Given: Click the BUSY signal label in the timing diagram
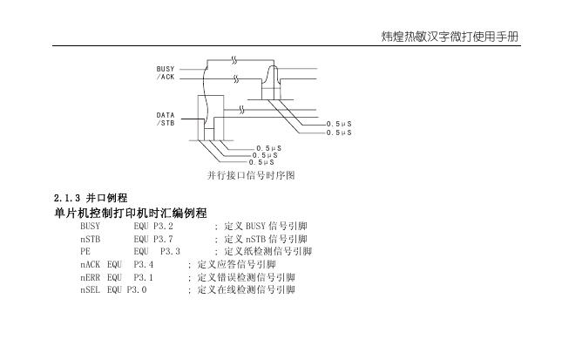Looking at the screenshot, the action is [166, 69].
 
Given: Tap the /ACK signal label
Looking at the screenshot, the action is [166, 77].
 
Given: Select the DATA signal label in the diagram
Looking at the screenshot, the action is [166, 115].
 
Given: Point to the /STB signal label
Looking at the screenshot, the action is [166, 123].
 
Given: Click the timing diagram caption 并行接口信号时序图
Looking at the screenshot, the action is [251, 175].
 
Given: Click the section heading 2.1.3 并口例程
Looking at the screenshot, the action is [91, 198].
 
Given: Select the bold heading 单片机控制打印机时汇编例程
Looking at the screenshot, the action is [131, 213].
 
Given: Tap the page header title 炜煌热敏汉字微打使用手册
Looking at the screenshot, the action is [450, 37].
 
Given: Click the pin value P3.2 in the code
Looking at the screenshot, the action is [163, 227].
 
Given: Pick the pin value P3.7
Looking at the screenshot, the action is [163, 239].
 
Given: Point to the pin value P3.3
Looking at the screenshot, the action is [170, 251].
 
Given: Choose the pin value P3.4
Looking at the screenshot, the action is [144, 265].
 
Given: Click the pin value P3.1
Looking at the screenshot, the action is [144, 277].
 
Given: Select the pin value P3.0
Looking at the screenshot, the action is [137, 289].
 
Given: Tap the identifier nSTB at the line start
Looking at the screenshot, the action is [91, 239].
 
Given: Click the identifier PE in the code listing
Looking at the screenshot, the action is [85, 251].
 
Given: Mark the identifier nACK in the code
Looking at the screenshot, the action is [91, 265].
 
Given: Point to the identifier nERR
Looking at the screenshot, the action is [91, 277].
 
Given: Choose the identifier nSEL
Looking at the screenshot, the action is [91, 289].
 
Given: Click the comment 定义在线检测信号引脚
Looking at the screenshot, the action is [247, 289].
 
